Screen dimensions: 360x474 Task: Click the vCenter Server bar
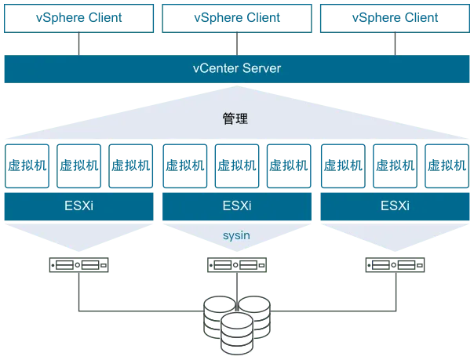236,69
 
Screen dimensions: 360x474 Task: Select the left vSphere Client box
78,17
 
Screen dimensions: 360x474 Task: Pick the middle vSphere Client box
236,17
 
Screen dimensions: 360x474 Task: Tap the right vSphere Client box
395,17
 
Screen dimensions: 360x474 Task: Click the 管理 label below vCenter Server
236,119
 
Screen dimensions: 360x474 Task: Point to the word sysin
236,233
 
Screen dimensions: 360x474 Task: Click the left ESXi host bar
78,207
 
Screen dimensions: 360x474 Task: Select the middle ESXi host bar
236,207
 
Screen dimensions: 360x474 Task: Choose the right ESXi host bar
395,207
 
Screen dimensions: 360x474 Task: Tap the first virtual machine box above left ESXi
27,165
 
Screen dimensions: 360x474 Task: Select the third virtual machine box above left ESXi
130,165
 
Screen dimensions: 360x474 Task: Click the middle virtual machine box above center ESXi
236,165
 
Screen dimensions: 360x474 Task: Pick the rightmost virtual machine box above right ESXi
446,165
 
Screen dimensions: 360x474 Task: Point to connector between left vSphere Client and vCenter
78,44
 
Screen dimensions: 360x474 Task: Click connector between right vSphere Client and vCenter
395,44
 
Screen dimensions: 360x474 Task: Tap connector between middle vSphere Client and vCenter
236,44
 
